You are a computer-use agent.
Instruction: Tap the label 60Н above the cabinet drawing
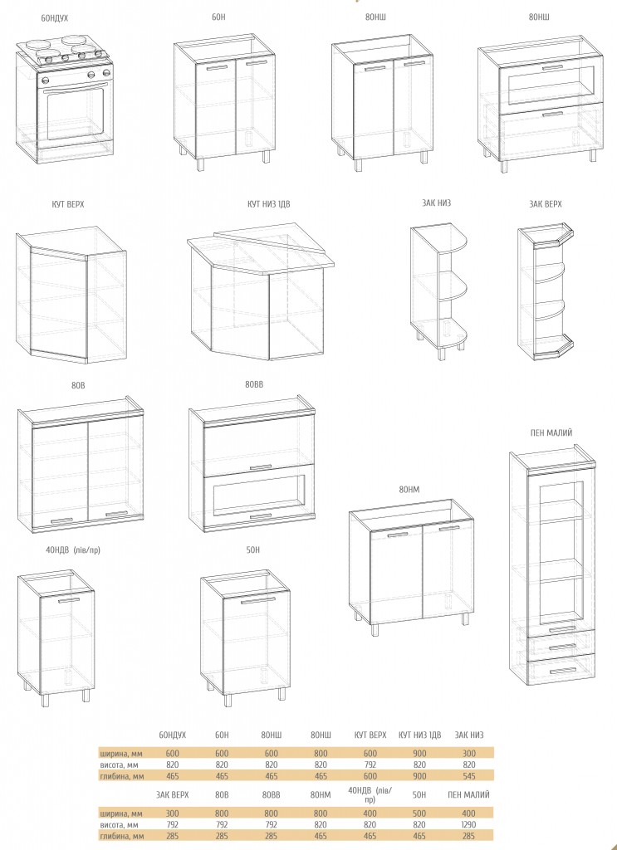(x=218, y=17)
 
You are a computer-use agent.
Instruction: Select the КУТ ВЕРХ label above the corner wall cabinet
(x=68, y=204)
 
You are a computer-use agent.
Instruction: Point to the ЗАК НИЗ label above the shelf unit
(x=436, y=203)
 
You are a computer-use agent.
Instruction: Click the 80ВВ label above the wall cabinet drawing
(x=254, y=384)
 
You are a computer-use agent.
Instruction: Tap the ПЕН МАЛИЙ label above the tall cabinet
(x=551, y=432)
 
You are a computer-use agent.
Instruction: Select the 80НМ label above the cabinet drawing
(x=409, y=490)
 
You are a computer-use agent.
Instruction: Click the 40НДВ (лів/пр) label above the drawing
(x=73, y=550)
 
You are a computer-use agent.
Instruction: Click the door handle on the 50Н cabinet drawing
(x=258, y=601)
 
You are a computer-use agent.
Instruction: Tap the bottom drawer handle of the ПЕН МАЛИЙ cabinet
(x=562, y=671)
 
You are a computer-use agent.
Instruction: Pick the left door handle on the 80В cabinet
(x=61, y=520)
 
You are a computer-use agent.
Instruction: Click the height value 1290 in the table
(x=469, y=824)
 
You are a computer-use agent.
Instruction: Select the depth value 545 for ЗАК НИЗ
(x=469, y=776)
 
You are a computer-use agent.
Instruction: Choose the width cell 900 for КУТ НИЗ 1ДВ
(x=419, y=753)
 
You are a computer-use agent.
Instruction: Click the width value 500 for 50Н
(x=419, y=813)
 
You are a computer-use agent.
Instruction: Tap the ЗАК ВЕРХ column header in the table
(x=173, y=794)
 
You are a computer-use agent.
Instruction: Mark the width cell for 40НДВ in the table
(x=370, y=813)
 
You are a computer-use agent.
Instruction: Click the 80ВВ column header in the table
(x=271, y=794)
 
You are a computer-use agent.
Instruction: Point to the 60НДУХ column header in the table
(x=173, y=735)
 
